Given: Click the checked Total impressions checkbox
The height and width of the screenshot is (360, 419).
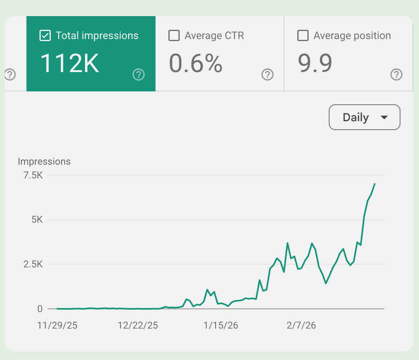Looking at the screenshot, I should (45, 36).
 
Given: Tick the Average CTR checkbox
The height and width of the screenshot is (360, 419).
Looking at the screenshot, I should (174, 36).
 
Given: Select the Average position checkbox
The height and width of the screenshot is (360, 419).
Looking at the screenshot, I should (303, 36).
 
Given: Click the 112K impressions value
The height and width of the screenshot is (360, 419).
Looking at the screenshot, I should (70, 64).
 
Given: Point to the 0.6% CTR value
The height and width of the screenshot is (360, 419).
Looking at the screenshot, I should (195, 64).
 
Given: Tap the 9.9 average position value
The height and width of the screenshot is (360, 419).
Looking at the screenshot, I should (315, 64).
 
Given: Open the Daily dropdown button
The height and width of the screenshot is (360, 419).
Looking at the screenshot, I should (364, 117).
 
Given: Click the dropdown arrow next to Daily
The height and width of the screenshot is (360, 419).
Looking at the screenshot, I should (384, 117).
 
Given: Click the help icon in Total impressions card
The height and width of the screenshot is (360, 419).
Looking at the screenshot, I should (139, 74).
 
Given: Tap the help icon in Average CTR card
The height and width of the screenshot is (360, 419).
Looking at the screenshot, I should (268, 74).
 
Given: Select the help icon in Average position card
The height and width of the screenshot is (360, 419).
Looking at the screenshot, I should (396, 74).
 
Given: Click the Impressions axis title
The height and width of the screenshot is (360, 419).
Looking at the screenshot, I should (44, 161).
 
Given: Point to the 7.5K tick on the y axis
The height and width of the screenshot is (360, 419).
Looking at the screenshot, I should (33, 175).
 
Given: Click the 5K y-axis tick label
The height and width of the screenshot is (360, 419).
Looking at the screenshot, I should (37, 220).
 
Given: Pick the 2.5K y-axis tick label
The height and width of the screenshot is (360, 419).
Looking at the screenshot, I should (33, 265).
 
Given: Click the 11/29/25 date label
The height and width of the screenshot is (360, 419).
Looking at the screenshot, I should (57, 325).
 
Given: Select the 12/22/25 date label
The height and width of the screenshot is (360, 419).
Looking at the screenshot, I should (138, 325).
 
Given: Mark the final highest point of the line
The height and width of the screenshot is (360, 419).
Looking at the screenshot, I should (375, 184).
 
